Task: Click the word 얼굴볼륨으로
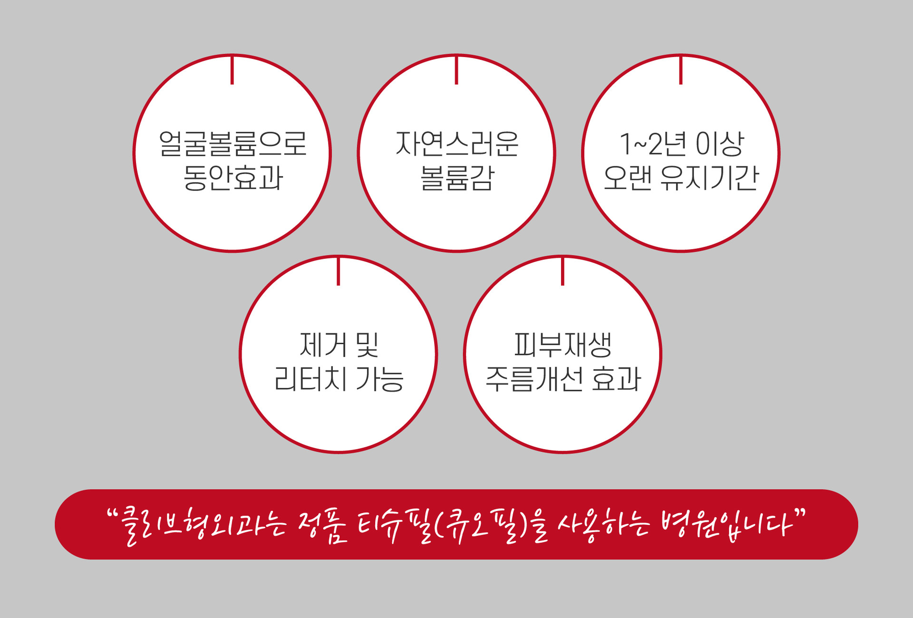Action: pos(233,144)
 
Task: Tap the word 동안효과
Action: pos(233,178)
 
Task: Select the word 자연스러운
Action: pos(456,144)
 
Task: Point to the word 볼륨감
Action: pos(456,178)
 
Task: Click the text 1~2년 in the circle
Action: pos(653,144)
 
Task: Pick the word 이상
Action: pos(719,144)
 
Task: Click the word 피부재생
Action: pos(563,345)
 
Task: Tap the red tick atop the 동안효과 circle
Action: pos(232,70)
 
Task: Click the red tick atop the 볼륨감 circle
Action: pos(456,70)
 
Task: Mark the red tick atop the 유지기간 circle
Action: pos(681,70)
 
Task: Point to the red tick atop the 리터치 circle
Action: pos(339,271)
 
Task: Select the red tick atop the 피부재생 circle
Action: pos(563,271)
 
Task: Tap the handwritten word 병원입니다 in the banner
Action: pos(728,525)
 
